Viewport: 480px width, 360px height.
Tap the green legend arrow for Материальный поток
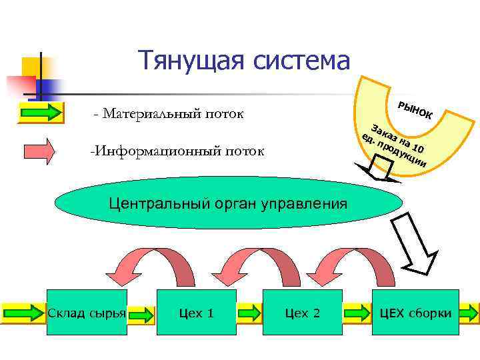(x=39, y=112)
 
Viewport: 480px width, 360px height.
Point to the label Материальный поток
(x=169, y=114)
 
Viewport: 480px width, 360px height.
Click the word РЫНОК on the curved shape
(x=414, y=111)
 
